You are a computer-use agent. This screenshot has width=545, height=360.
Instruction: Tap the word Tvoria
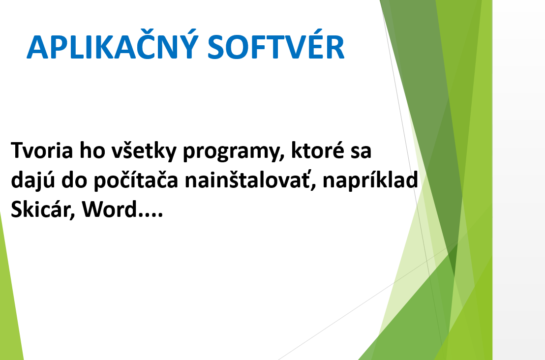click(x=42, y=150)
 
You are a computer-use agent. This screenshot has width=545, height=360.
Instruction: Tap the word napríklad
click(x=370, y=180)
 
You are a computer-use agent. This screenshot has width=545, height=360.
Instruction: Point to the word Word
click(x=110, y=209)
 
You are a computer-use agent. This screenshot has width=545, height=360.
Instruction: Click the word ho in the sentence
click(x=92, y=150)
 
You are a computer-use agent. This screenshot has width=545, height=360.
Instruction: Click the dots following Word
click(x=150, y=215)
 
